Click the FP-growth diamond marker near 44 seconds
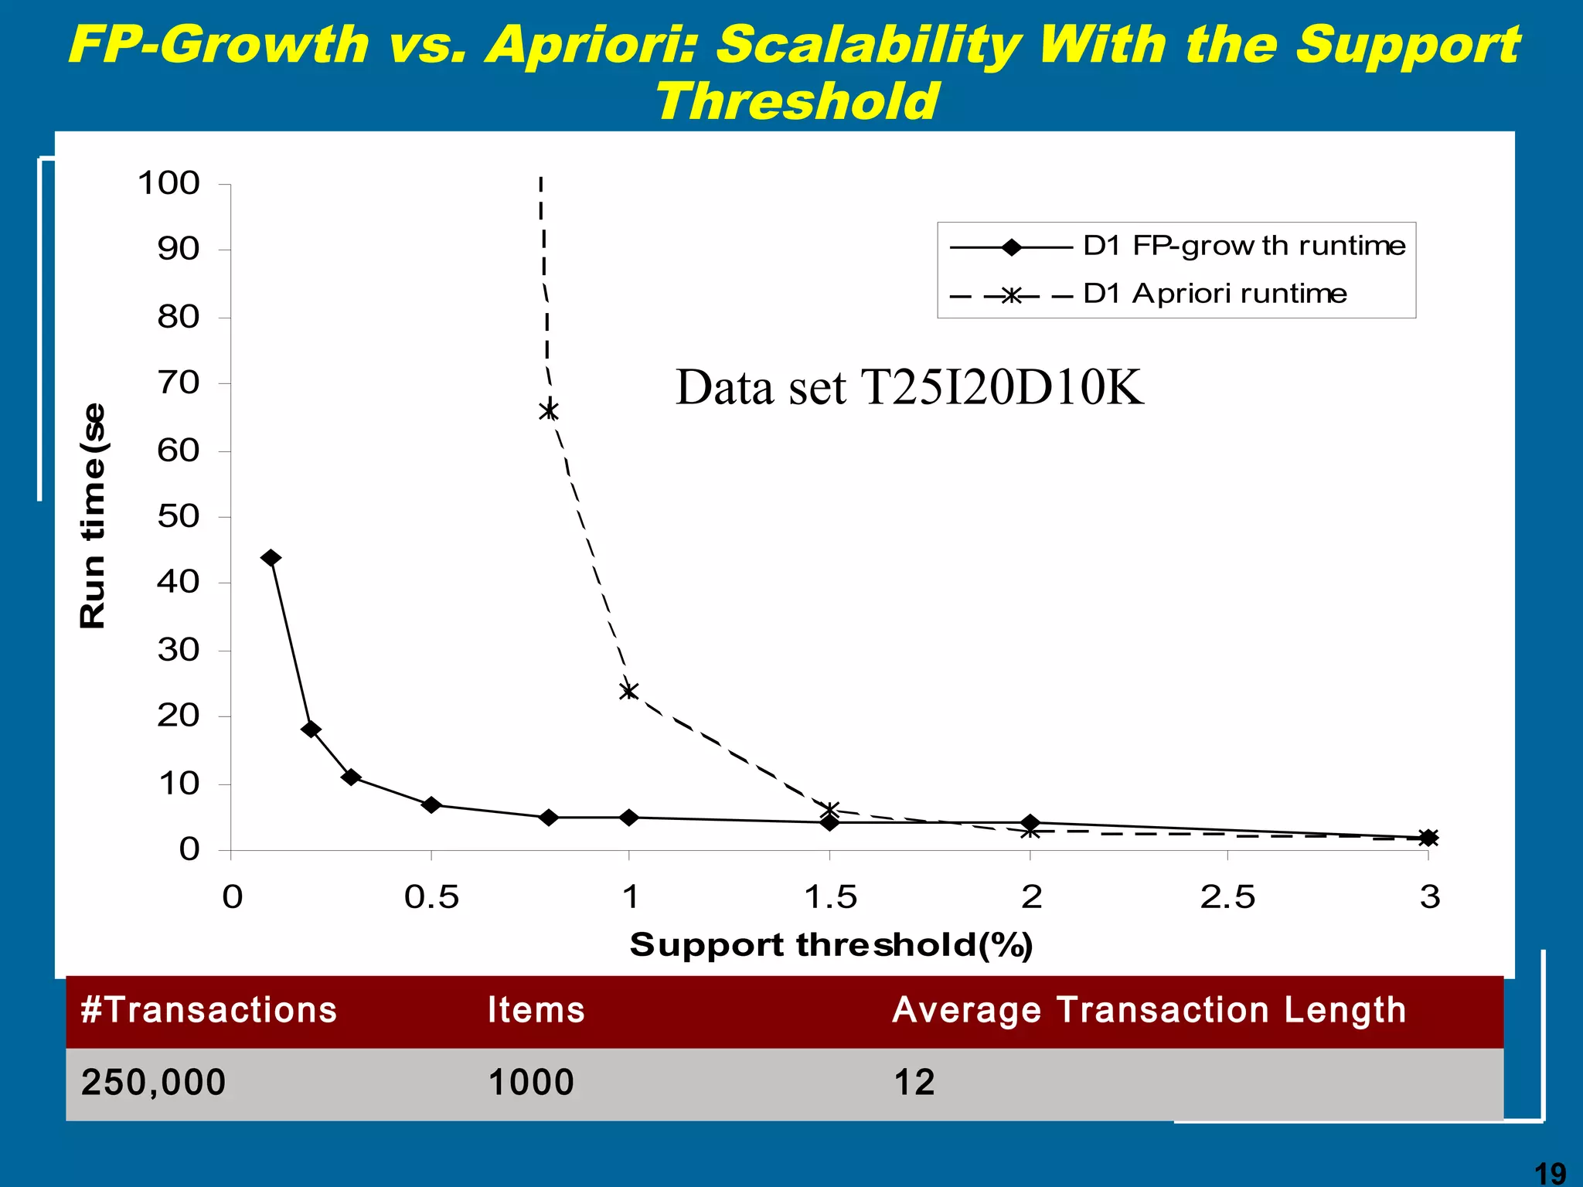pyautogui.click(x=271, y=558)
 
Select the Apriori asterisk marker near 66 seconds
pyautogui.click(x=549, y=410)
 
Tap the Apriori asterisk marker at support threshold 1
pyautogui.click(x=629, y=690)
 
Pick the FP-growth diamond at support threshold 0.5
pyautogui.click(x=431, y=805)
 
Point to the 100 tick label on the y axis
pyautogui.click(x=169, y=184)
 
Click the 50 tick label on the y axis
pyautogui.click(x=179, y=516)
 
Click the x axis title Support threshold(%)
pyautogui.click(x=831, y=945)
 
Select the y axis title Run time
pyautogui.click(x=94, y=515)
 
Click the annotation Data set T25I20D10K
pyautogui.click(x=909, y=387)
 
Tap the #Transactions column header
pyautogui.click(x=209, y=1010)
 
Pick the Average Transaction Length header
pyautogui.click(x=1149, y=1010)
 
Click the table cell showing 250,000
pyautogui.click(x=153, y=1082)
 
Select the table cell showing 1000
pyautogui.click(x=531, y=1082)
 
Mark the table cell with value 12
pyautogui.click(x=914, y=1082)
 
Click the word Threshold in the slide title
pyautogui.click(x=796, y=101)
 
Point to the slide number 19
pyautogui.click(x=1549, y=1173)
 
